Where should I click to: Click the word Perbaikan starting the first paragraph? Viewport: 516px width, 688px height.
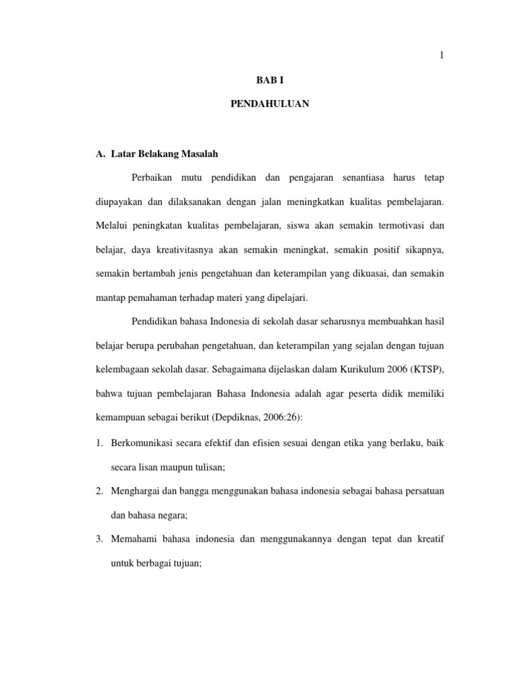click(150, 177)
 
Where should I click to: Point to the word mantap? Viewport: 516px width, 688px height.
click(110, 298)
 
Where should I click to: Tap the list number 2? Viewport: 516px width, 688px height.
click(99, 492)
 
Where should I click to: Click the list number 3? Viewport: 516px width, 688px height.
click(99, 540)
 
